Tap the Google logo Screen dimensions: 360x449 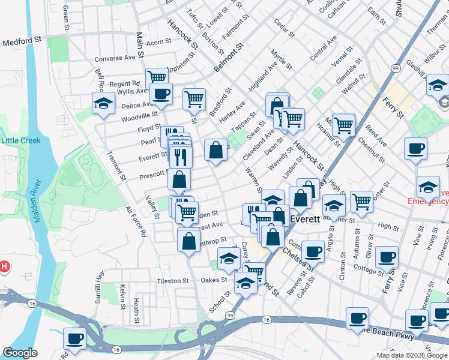(20, 353)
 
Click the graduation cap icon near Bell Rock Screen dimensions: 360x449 (103, 103)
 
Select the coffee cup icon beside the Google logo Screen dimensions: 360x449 (75, 338)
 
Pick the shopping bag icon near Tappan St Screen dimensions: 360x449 (215, 150)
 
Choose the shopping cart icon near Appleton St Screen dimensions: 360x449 (157, 78)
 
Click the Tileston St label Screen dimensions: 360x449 (173, 281)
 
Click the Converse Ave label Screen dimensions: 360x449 (116, 59)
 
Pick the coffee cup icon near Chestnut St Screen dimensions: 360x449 (415, 149)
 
